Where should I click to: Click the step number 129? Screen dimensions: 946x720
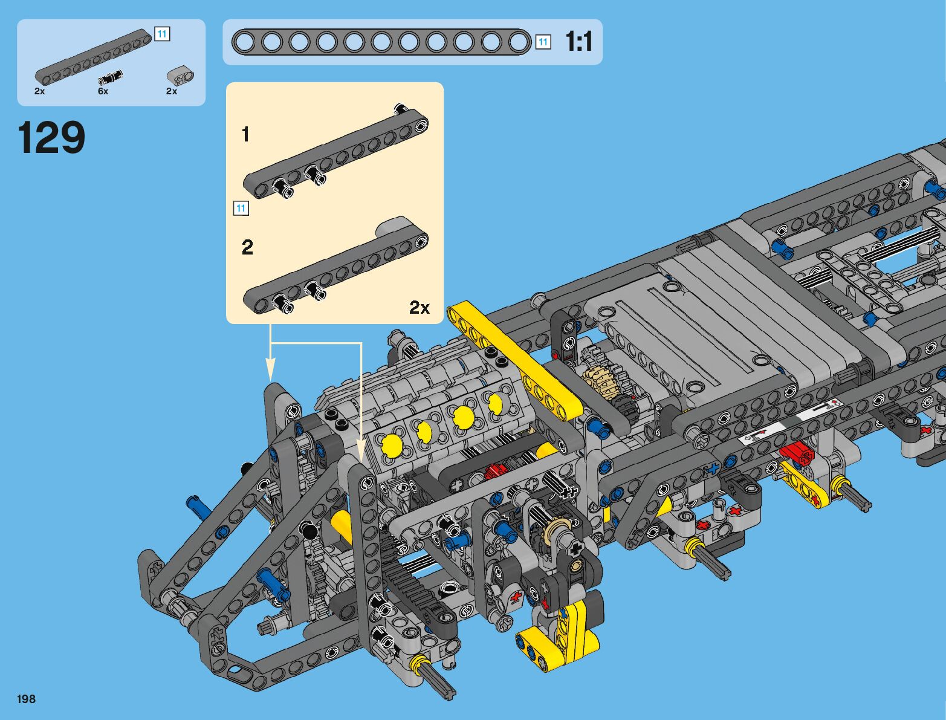coord(51,137)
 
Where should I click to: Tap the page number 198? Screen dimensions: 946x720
coord(26,699)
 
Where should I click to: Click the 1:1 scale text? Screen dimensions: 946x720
coord(579,42)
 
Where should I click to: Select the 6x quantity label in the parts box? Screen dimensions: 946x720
coord(103,91)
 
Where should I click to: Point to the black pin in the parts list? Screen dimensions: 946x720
coord(110,77)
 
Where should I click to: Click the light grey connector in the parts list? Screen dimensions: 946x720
coord(180,76)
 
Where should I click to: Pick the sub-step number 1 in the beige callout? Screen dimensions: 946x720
coord(245,134)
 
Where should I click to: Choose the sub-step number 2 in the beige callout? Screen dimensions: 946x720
coord(247,247)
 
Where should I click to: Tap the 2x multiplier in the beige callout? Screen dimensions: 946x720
coord(420,308)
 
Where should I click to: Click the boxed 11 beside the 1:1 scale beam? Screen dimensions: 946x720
coord(543,42)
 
